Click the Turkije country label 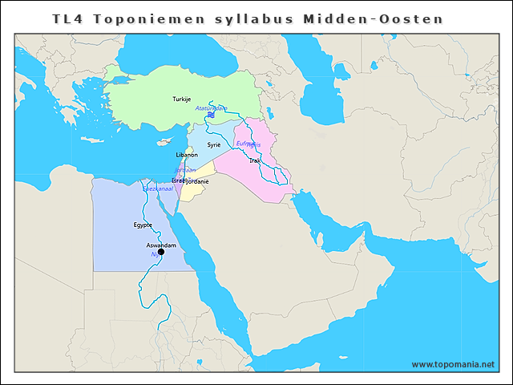[182, 99]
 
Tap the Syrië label [214, 145]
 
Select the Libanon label [187, 154]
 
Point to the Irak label [255, 161]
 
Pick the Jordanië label [196, 182]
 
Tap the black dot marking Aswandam [161, 252]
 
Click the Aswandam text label [161, 244]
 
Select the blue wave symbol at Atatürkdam [209, 116]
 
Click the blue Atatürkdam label [212, 108]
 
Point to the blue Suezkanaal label [160, 188]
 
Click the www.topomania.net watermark [453, 364]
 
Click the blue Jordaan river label [185, 170]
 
